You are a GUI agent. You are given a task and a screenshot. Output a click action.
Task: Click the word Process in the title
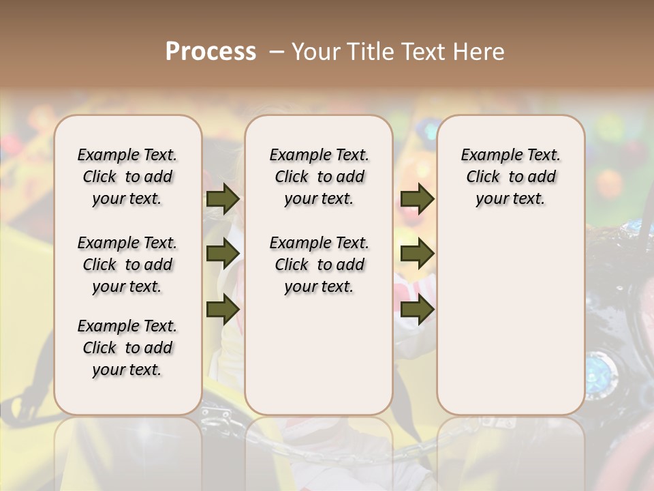(211, 52)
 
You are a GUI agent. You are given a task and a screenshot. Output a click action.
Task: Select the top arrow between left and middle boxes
(222, 199)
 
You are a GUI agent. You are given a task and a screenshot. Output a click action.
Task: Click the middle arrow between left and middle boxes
(222, 254)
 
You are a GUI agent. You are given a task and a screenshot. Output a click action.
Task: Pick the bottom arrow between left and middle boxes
(222, 309)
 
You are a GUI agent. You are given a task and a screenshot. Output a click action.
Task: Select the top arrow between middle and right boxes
(417, 199)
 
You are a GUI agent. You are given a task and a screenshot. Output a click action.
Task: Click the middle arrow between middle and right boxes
(417, 254)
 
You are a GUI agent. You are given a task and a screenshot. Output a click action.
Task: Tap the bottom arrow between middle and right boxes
(417, 309)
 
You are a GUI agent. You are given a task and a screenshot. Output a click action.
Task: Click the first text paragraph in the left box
(127, 177)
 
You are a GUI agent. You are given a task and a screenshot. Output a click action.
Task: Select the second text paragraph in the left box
(127, 265)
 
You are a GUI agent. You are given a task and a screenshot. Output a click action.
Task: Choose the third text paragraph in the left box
(127, 348)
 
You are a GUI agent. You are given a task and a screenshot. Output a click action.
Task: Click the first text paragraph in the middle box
(319, 177)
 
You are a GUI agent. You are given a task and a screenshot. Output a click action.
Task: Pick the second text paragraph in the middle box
(319, 265)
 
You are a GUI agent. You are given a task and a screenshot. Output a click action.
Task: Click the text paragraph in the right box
(510, 177)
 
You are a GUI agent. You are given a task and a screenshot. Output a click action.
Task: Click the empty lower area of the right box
(510, 321)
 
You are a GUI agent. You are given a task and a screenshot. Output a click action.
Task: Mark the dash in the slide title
(277, 53)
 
